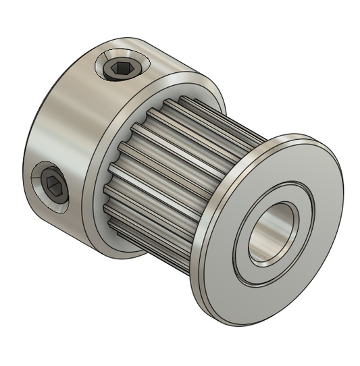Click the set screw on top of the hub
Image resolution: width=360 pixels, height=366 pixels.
tap(122, 68)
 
